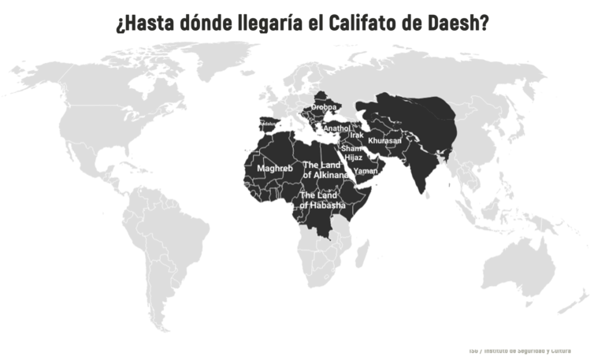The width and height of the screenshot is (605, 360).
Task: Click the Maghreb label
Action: [x=275, y=169]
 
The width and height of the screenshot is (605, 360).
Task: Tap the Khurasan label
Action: [x=384, y=141]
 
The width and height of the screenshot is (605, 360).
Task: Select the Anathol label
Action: [x=336, y=128]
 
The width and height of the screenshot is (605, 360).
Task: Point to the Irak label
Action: [x=356, y=135]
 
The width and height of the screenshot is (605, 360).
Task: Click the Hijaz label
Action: [x=354, y=158]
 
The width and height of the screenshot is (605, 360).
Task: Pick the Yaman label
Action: [x=366, y=171]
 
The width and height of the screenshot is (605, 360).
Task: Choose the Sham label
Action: [x=351, y=148]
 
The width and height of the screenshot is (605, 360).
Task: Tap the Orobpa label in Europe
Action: [x=324, y=106]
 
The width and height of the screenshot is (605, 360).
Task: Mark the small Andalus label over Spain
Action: [x=269, y=124]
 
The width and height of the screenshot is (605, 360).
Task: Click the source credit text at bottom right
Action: [x=519, y=351]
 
